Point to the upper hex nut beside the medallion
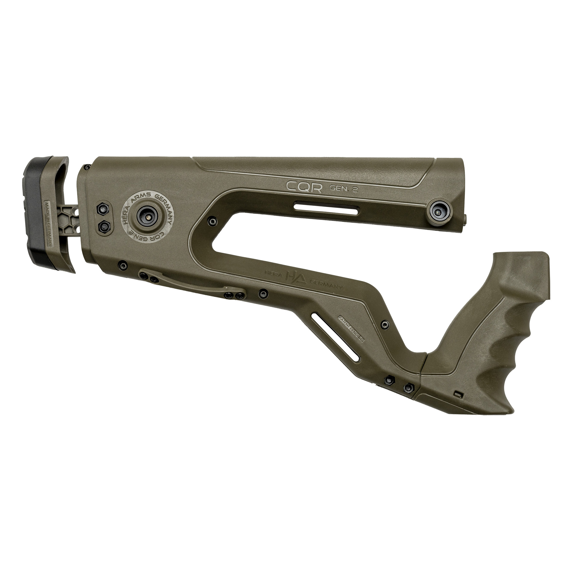point(104,209)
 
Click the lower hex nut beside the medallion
point(104,227)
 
